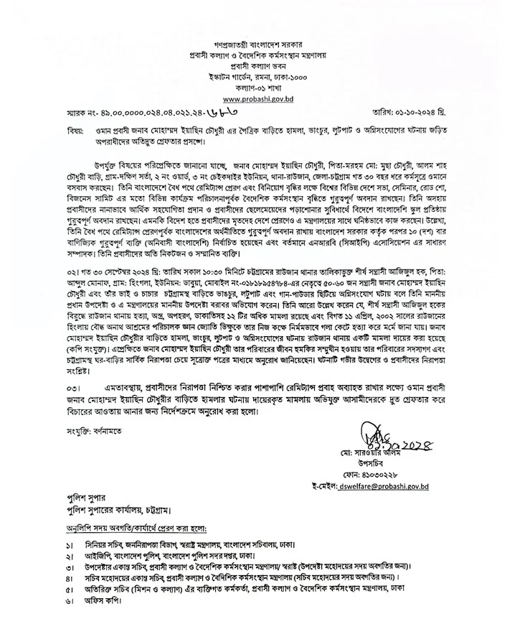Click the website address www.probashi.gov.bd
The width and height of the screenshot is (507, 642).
[253, 98]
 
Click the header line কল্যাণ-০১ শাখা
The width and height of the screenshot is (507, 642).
[253, 86]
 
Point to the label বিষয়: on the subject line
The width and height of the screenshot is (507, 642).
[53, 133]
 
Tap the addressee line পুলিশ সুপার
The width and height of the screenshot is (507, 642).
[78, 498]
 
